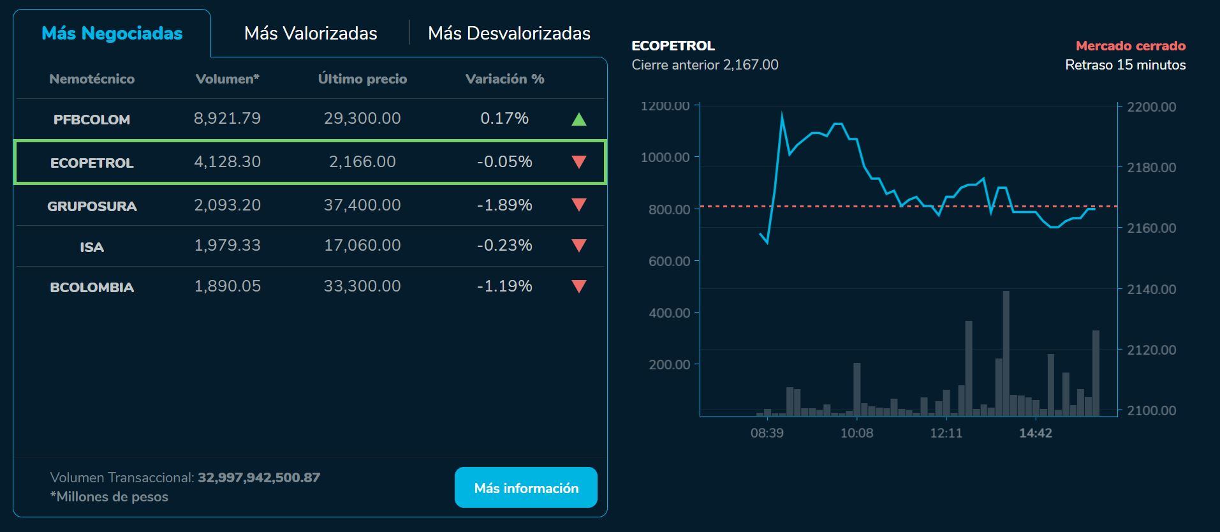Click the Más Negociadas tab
112,33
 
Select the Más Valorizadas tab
311,33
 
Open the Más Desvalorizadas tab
509,33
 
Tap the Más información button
525,488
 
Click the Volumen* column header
227,79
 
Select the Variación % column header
504,79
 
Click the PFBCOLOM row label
92,119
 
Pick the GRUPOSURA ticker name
92,206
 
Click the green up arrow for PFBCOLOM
578,119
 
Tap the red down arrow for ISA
578,246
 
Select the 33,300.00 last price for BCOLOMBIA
362,286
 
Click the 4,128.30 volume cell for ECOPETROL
227,162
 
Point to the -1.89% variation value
504,205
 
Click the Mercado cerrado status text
1130,46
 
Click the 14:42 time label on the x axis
1035,433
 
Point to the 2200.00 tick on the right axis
1151,107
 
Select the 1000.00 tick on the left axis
665,158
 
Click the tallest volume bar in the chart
1006,354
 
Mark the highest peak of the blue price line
782,114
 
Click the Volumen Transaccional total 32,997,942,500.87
259,478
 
